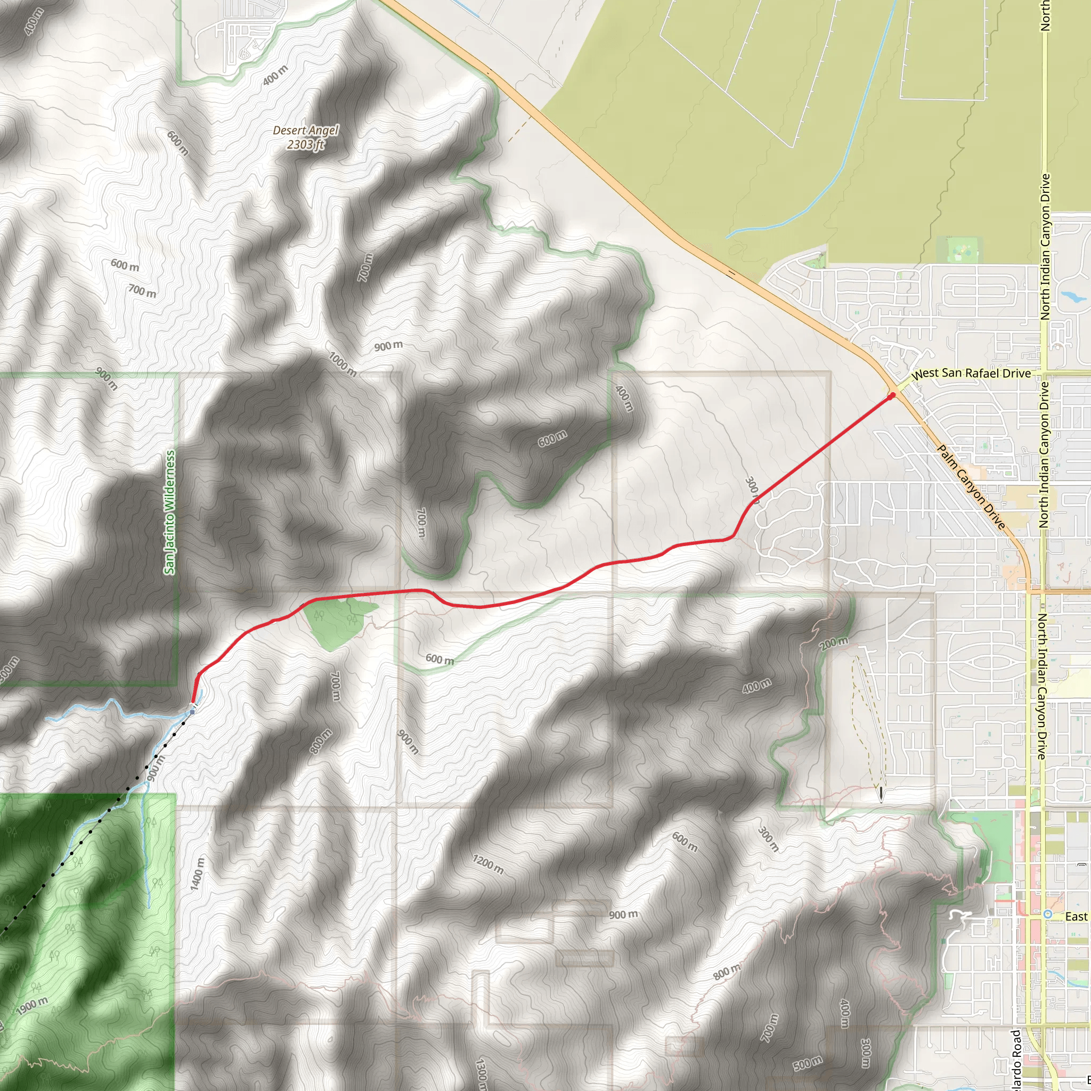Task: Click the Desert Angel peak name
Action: pos(305,131)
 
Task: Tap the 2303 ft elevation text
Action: pos(305,144)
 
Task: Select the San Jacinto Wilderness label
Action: pos(170,512)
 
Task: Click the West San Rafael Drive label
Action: pos(971,373)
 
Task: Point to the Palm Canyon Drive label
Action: pos(971,487)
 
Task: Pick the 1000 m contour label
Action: pos(343,364)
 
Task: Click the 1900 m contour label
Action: pos(32,1006)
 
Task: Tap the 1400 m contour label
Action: pos(197,874)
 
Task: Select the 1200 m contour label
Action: pos(488,864)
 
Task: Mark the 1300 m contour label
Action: pos(482,1073)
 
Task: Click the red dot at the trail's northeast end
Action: pos(892,396)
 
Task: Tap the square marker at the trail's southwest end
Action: pos(192,712)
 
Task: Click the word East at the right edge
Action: pos(1076,916)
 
